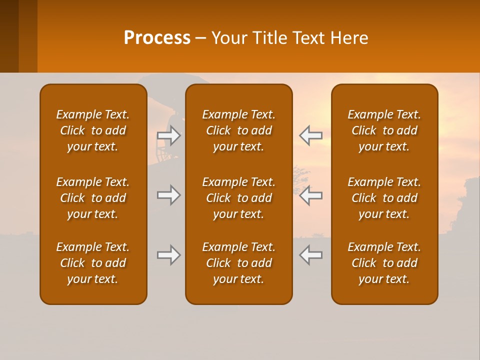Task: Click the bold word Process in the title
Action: [x=157, y=38]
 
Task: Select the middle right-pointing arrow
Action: [x=168, y=195]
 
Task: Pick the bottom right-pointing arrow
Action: [x=168, y=255]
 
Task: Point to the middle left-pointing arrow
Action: [x=310, y=195]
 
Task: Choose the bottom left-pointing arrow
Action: [x=310, y=255]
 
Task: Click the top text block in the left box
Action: [x=93, y=130]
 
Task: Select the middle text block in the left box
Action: [x=93, y=198]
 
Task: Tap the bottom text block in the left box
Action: [x=93, y=263]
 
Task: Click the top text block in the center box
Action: [x=239, y=130]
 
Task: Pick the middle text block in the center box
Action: [x=239, y=198]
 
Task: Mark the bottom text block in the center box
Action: [x=239, y=263]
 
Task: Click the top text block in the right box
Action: [x=384, y=130]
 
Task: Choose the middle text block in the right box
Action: [x=384, y=198]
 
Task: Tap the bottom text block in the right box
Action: [x=384, y=263]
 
